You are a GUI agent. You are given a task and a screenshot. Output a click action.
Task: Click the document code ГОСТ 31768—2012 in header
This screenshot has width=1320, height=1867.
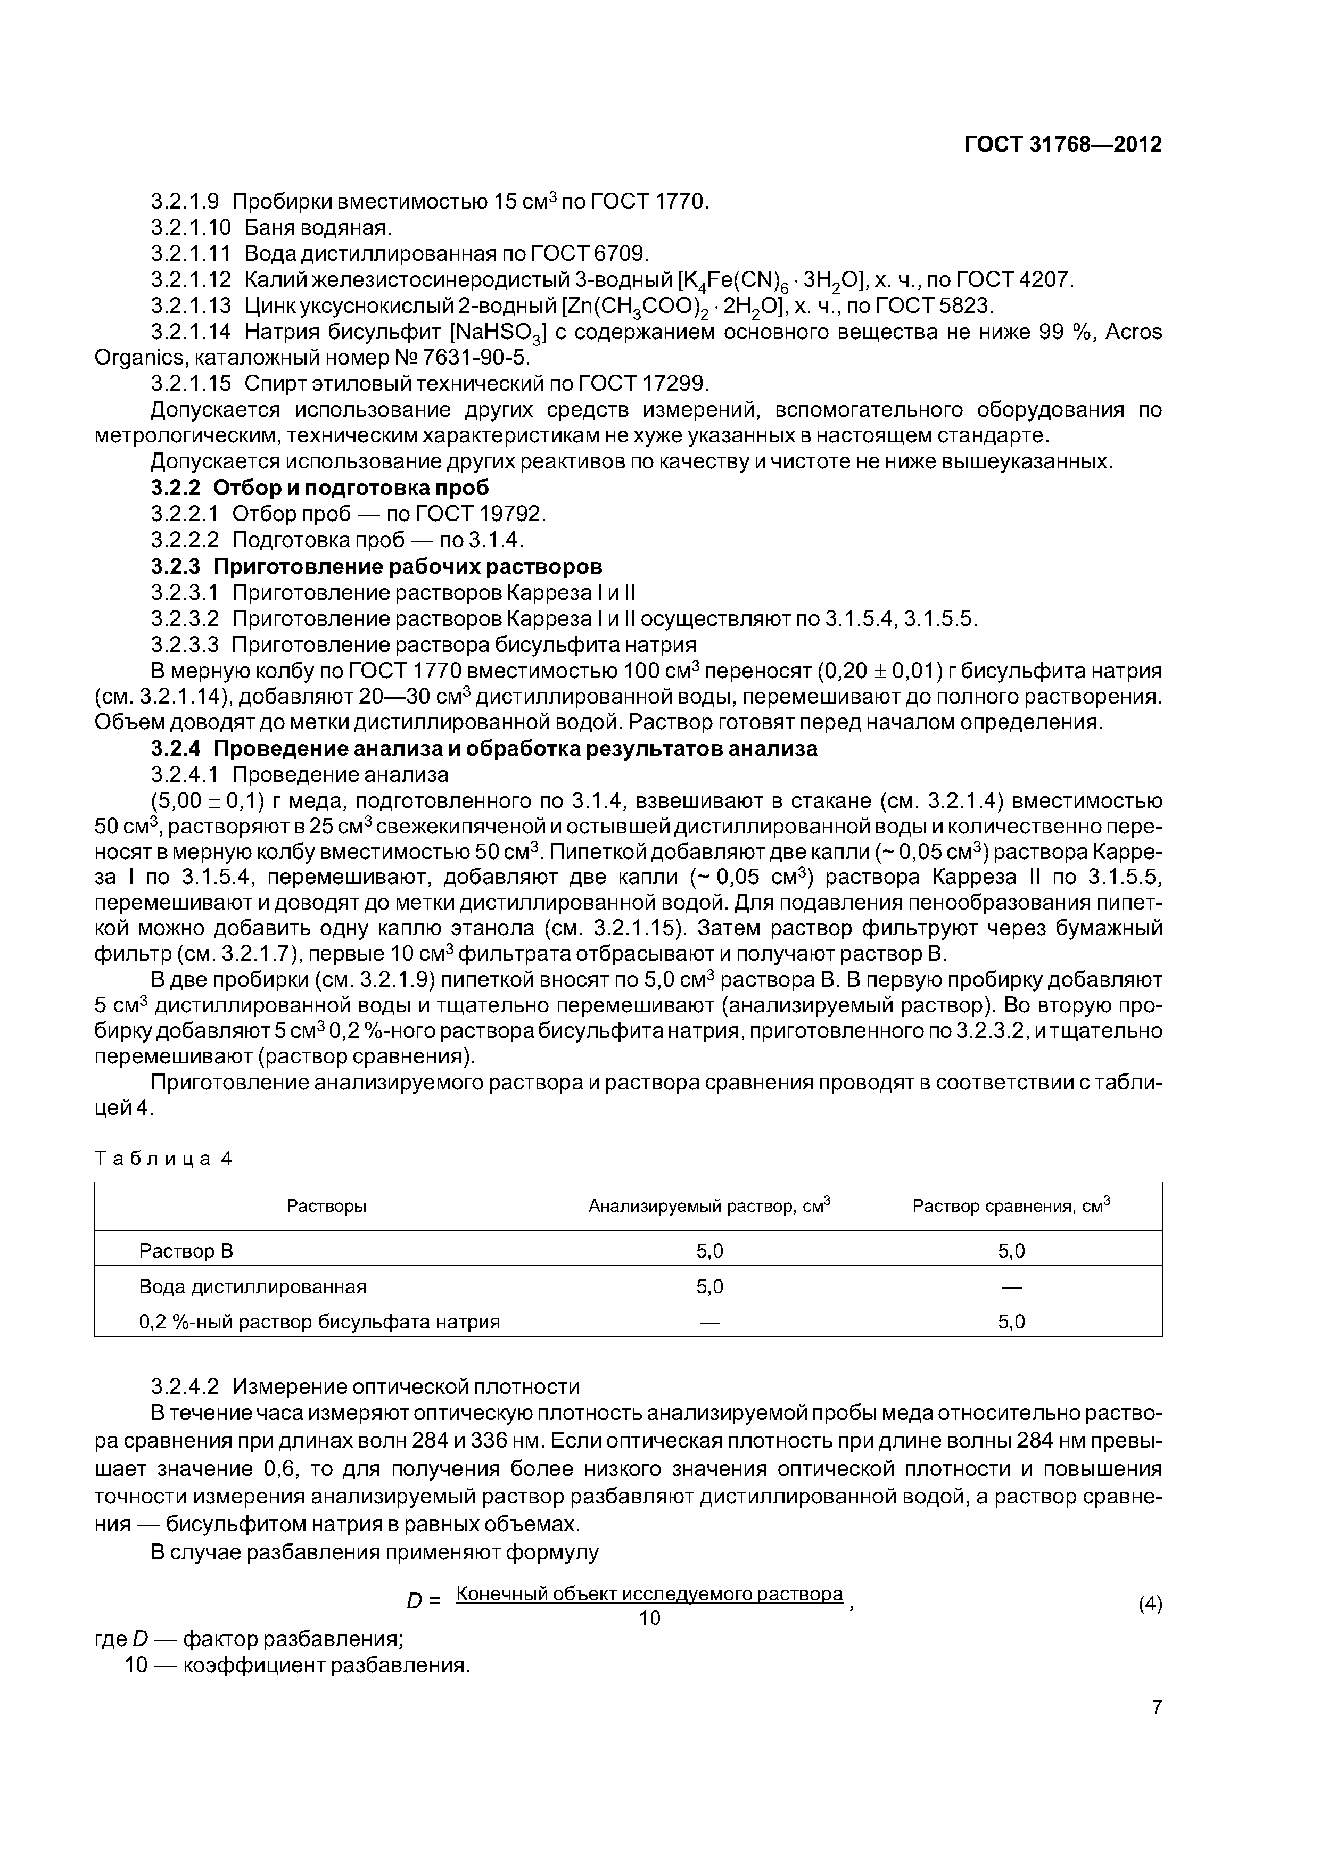click(1062, 145)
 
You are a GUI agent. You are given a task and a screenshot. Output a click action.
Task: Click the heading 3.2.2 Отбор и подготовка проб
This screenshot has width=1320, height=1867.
click(320, 488)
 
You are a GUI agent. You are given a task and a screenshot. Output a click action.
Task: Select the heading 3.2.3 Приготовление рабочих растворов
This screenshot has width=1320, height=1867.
click(376, 566)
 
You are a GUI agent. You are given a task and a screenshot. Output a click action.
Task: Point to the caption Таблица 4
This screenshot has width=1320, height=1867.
click(163, 1159)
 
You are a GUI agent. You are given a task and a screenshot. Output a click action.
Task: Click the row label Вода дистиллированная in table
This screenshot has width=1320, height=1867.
click(253, 1286)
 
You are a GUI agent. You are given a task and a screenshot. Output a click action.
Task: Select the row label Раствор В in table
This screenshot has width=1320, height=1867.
click(186, 1251)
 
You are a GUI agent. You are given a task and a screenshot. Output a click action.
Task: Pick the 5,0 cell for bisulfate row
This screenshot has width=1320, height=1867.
click(1011, 1322)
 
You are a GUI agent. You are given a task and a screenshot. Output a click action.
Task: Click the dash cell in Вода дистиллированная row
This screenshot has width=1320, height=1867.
click(1011, 1286)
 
